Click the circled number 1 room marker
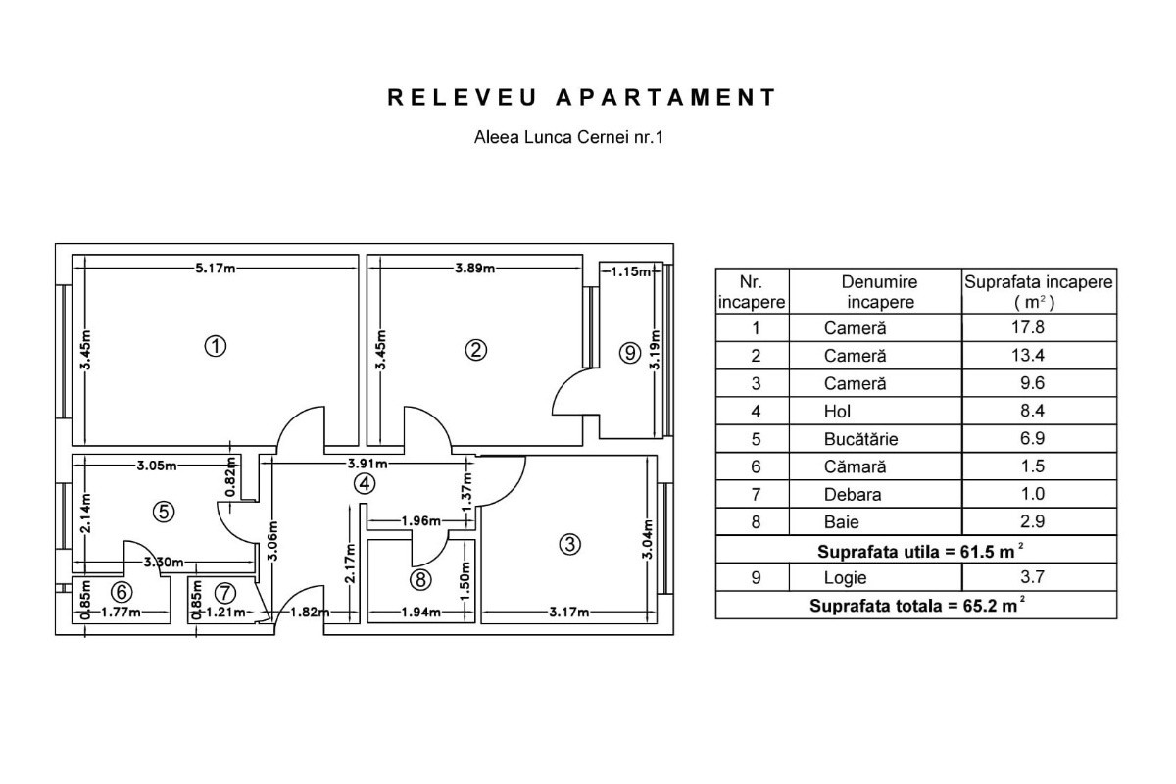pyautogui.click(x=216, y=347)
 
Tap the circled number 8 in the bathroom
pyautogui.click(x=420, y=580)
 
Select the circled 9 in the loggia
pyautogui.click(x=630, y=353)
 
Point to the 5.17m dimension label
pyautogui.click(x=216, y=269)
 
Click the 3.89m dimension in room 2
pyautogui.click(x=474, y=269)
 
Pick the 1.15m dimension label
pyautogui.click(x=630, y=271)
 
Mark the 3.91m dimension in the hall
pyautogui.click(x=367, y=464)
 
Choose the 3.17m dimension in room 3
pyautogui.click(x=569, y=612)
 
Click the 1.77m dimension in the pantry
pyautogui.click(x=121, y=612)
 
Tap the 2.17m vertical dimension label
pyautogui.click(x=350, y=563)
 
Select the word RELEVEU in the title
pyautogui.click(x=463, y=98)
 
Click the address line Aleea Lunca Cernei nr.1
pyautogui.click(x=568, y=137)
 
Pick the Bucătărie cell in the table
pyautogui.click(x=860, y=439)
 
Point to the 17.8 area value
pyautogui.click(x=1028, y=327)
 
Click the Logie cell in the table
pyautogui.click(x=845, y=577)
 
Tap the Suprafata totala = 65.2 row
pyautogui.click(x=916, y=605)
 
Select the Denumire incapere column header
pyautogui.click(x=879, y=292)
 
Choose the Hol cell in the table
pyautogui.click(x=837, y=412)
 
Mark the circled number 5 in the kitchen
pyautogui.click(x=164, y=512)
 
